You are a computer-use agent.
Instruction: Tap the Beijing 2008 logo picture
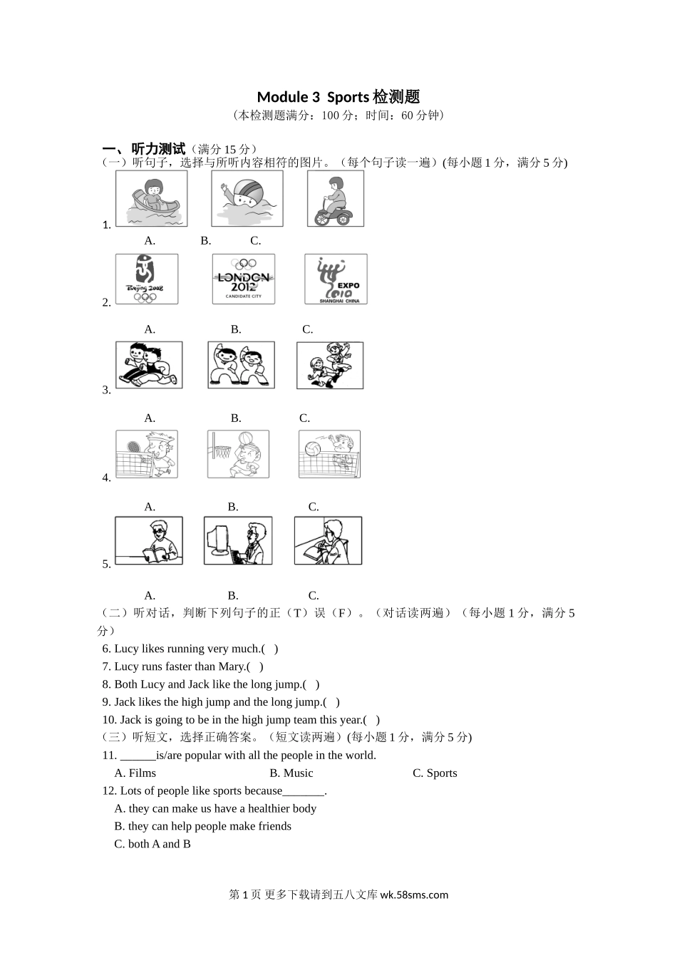point(147,279)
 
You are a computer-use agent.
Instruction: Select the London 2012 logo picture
point(244,279)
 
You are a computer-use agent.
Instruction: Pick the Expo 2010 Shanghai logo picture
point(336,279)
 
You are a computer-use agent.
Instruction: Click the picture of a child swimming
point(247,198)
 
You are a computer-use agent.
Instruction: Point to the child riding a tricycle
point(335,198)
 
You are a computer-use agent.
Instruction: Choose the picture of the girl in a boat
point(151,198)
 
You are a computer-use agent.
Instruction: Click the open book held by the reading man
point(154,554)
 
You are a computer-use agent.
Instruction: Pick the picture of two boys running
point(149,365)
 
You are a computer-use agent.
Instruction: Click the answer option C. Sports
point(435,773)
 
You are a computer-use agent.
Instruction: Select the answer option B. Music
point(291,773)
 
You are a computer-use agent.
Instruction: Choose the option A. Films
point(135,773)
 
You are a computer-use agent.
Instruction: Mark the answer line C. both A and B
point(153,844)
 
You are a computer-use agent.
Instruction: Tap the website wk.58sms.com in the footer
point(414,895)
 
